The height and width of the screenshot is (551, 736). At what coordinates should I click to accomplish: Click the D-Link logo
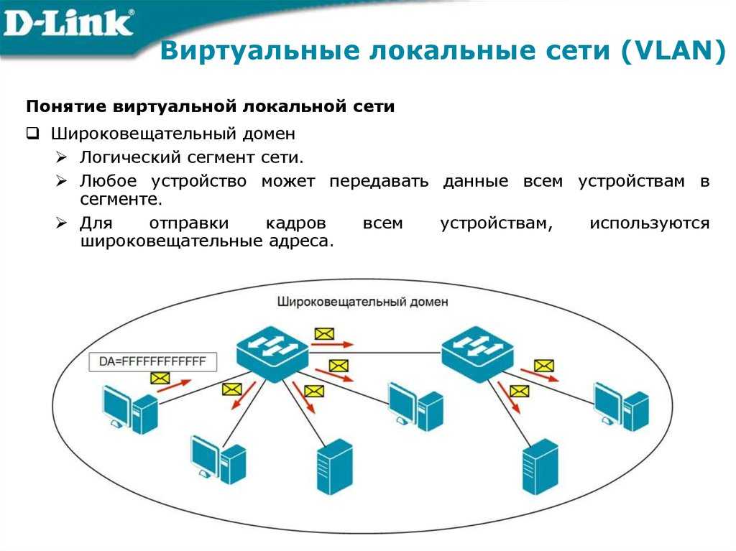tap(68, 24)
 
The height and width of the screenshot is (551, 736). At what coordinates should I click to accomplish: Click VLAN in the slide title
tap(673, 51)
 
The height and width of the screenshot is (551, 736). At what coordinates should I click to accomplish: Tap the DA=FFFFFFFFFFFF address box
tap(153, 361)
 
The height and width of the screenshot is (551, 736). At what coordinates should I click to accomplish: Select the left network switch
tap(272, 353)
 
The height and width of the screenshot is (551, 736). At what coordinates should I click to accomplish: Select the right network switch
tap(478, 353)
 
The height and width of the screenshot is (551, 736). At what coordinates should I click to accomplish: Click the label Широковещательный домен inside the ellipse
tap(362, 301)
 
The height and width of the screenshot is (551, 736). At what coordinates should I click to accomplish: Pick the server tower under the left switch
tap(335, 467)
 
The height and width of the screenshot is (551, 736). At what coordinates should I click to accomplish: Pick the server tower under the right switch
tap(540, 467)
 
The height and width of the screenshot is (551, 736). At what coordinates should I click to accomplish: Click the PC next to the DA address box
tap(130, 408)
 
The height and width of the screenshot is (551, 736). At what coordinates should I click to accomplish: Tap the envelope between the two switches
tap(324, 334)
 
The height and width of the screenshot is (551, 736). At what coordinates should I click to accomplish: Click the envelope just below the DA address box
tap(160, 378)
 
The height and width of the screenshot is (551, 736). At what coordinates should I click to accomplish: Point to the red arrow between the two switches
tap(332, 345)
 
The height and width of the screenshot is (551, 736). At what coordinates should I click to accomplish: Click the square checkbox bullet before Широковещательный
tap(32, 134)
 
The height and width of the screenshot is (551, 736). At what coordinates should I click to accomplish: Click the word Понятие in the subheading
tap(67, 106)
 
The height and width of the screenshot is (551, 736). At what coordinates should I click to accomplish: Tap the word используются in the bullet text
tap(650, 223)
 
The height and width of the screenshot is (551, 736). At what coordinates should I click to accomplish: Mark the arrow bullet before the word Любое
tap(61, 181)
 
